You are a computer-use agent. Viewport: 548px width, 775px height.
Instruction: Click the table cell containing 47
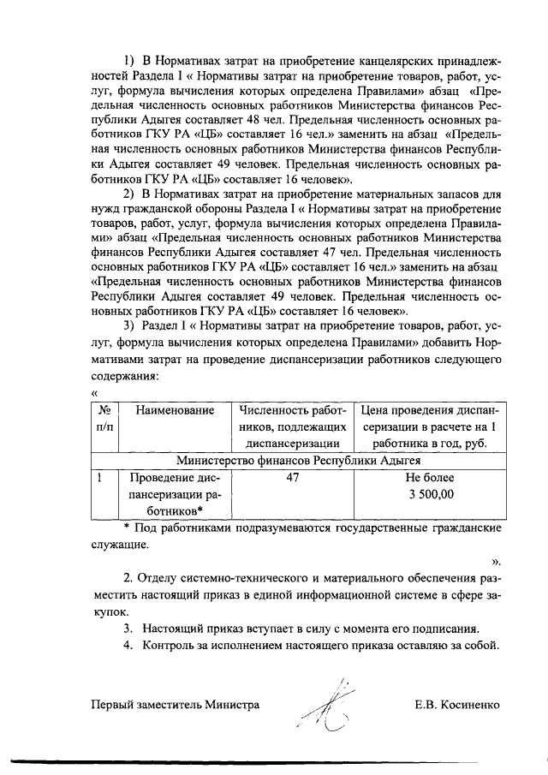tap(292, 478)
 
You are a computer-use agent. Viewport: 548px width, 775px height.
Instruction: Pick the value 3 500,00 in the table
tap(431, 494)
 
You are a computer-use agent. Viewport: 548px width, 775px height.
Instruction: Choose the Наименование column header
tap(174, 410)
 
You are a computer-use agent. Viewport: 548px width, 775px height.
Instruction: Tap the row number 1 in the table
tap(101, 478)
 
